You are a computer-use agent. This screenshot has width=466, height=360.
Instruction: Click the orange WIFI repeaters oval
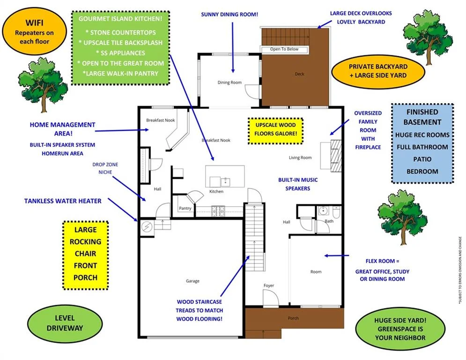[34, 31]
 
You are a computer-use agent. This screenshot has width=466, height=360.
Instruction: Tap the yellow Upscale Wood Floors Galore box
[275, 131]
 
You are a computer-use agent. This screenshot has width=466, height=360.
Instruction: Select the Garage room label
[192, 281]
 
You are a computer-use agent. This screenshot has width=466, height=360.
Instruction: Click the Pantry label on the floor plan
[185, 208]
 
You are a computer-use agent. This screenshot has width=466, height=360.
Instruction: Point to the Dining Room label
[229, 82]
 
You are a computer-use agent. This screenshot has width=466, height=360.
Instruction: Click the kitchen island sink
[225, 181]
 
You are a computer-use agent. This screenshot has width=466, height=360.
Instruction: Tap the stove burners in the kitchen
[218, 211]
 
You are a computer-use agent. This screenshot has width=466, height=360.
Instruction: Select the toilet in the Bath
[336, 212]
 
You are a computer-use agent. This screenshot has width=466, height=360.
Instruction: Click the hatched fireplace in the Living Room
[336, 156]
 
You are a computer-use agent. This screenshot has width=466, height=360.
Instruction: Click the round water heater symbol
[147, 227]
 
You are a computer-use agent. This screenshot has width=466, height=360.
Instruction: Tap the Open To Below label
[284, 49]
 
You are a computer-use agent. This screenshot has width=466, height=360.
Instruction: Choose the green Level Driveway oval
[65, 323]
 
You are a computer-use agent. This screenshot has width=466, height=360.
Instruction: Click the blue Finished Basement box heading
[422, 117]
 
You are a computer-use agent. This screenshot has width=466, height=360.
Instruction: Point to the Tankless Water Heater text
[63, 201]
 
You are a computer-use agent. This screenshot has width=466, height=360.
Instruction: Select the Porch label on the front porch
[293, 318]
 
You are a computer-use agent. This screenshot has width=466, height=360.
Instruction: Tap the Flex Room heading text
[382, 261]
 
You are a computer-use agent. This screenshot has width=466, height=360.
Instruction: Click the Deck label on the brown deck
[299, 74]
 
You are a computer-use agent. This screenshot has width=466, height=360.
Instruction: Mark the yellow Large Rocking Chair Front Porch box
[86, 255]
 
